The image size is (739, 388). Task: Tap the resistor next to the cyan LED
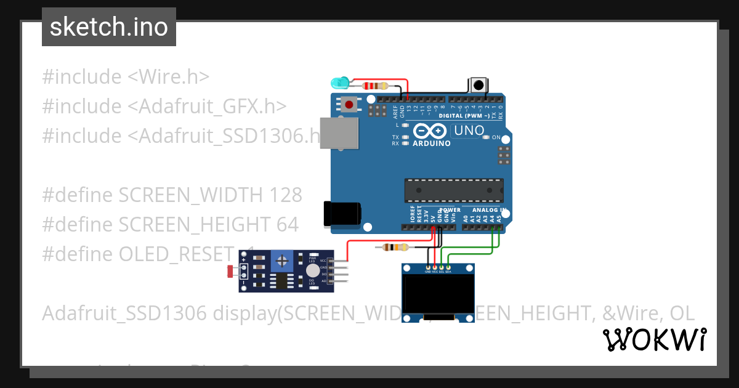tap(376, 86)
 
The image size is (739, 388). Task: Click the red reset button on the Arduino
tap(350, 105)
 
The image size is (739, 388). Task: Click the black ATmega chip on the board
tap(453, 190)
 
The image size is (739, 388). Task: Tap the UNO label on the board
tap(468, 131)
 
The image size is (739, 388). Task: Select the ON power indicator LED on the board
tap(487, 137)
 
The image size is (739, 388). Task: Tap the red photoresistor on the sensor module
tap(230, 270)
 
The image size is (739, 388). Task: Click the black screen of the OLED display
tap(438, 294)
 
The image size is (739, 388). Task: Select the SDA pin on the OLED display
tap(449, 268)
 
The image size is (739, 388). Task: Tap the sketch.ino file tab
tap(109, 27)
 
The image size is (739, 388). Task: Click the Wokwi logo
tap(654, 339)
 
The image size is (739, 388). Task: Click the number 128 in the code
tap(286, 195)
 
